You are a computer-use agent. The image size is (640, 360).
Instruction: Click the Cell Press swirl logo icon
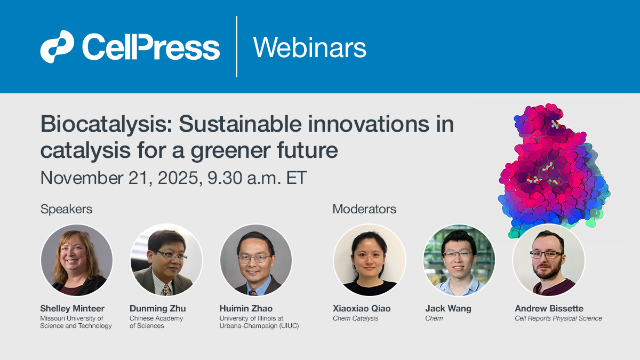[57, 47]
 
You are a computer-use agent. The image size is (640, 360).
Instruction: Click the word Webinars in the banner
[309, 47]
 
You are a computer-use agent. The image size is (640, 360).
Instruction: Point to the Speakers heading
[66, 209]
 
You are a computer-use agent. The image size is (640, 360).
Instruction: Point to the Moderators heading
[364, 209]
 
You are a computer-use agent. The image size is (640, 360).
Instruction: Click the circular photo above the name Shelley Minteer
[77, 260]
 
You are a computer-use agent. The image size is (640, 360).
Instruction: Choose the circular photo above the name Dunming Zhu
[166, 260]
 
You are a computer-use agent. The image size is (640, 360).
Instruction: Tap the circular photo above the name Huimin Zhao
[256, 260]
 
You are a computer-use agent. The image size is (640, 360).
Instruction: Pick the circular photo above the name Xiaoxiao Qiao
[370, 260]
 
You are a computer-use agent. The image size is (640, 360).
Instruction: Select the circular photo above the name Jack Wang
[459, 260]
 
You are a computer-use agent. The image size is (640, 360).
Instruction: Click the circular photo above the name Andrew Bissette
[549, 260]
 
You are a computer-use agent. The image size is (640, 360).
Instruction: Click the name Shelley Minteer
[72, 308]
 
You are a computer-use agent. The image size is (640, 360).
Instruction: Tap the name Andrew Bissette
[549, 308]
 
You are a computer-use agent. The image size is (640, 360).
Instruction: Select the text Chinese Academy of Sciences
[156, 322]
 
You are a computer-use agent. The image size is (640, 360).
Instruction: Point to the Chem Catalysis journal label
[355, 318]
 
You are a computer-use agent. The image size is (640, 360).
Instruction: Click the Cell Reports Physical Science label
[558, 318]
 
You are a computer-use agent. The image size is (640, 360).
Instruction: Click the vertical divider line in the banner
[237, 47]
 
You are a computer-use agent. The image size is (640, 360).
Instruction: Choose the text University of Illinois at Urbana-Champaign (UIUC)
[259, 322]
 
